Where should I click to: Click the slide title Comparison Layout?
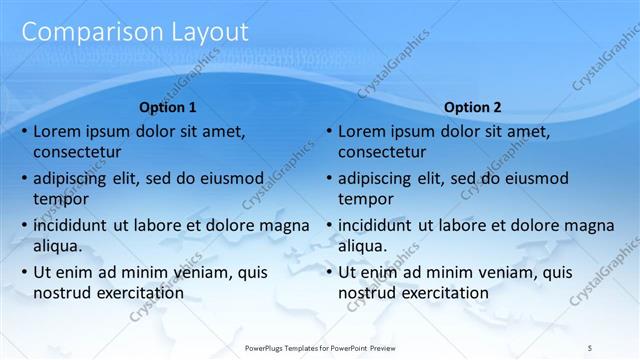(x=134, y=31)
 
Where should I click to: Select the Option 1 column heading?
(x=168, y=107)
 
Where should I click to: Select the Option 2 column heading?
(x=473, y=107)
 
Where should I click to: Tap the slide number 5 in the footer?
(x=590, y=346)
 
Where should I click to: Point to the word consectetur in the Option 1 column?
(x=77, y=152)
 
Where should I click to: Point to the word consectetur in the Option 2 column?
(x=382, y=152)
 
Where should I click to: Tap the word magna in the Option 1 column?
(x=285, y=225)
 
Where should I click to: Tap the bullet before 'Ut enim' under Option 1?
(x=23, y=272)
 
